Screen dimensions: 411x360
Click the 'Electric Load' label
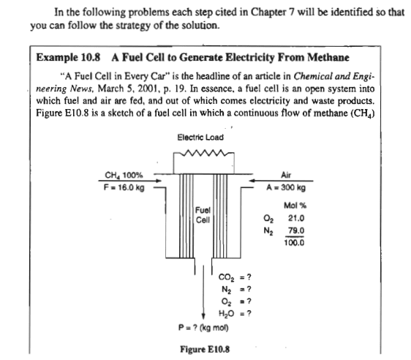point(200,138)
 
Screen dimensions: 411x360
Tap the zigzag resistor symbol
point(204,152)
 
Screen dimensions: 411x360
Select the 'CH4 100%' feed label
point(124,175)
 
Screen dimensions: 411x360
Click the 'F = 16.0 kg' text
point(124,187)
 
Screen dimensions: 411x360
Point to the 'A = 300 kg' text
point(286,187)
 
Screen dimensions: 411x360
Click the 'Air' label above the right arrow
point(286,175)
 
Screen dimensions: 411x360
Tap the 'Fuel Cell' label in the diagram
point(203,215)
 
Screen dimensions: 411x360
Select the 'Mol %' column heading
point(295,206)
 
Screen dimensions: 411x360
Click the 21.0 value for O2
point(296,218)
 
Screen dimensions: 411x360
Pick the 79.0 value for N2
point(296,230)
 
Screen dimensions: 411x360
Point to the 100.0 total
point(294,243)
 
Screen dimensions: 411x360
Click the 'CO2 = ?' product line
point(235,277)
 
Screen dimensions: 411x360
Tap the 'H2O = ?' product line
point(235,313)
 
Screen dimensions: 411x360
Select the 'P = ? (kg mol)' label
point(203,328)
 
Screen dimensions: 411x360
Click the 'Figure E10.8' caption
point(205,349)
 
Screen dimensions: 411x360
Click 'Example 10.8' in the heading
point(68,57)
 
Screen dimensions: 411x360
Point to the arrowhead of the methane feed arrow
point(158,181)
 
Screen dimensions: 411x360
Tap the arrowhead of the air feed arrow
point(252,181)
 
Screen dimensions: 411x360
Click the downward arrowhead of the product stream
point(203,315)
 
